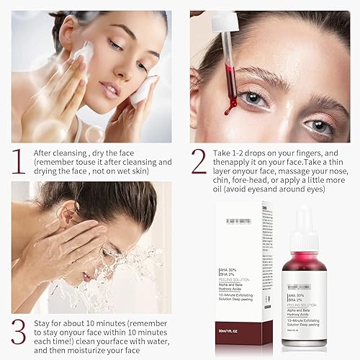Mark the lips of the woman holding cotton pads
[109, 91]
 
